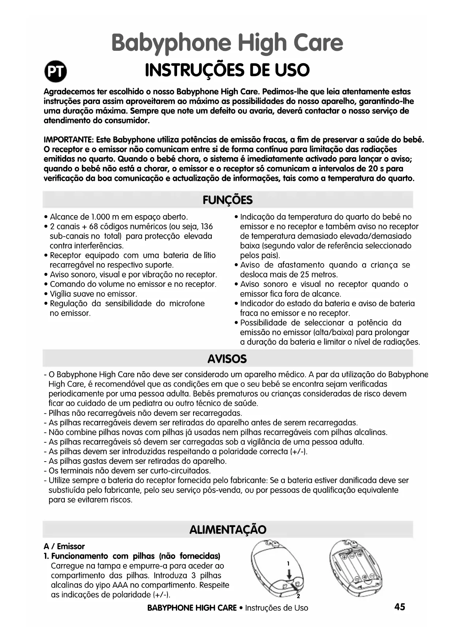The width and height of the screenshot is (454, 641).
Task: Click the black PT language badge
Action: coord(56,72)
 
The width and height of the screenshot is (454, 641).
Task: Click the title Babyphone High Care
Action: coord(227,43)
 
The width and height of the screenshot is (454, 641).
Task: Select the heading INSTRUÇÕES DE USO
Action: coord(227,70)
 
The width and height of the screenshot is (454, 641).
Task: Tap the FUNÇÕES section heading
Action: coord(227,200)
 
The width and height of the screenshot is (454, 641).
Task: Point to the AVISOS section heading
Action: coord(227,359)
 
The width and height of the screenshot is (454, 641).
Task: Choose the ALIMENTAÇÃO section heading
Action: coord(228,529)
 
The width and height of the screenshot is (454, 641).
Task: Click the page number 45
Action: coord(399,607)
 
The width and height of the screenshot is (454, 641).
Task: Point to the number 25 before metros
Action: coord(305,274)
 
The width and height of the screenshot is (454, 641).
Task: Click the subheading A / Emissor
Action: coord(64,546)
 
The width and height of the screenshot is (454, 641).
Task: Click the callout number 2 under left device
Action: coord(298,596)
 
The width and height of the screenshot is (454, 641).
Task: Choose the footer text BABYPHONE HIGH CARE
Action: coord(192,608)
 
